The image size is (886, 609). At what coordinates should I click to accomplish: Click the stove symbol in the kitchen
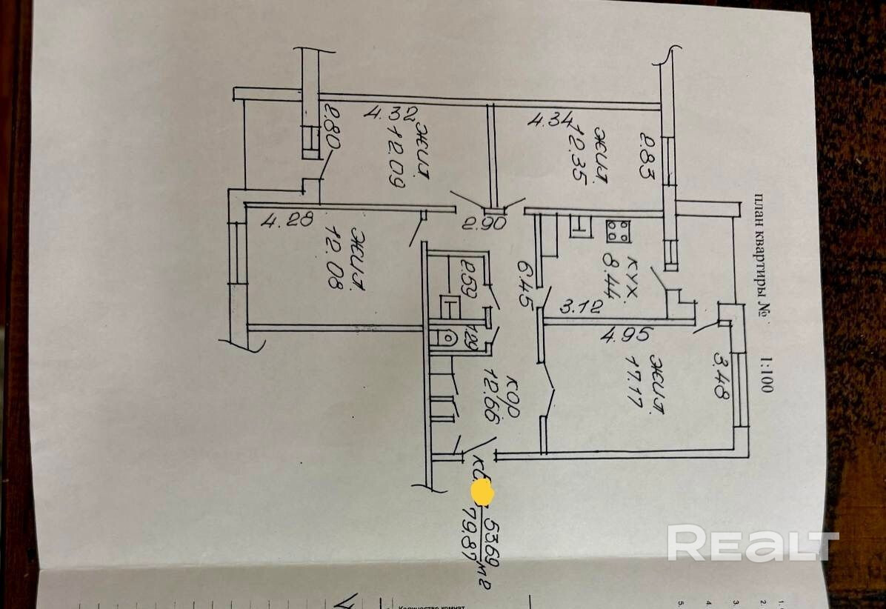point(618,232)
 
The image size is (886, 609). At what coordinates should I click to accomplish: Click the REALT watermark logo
point(752,545)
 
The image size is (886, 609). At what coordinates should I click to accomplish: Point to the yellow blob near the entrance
point(482,492)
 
